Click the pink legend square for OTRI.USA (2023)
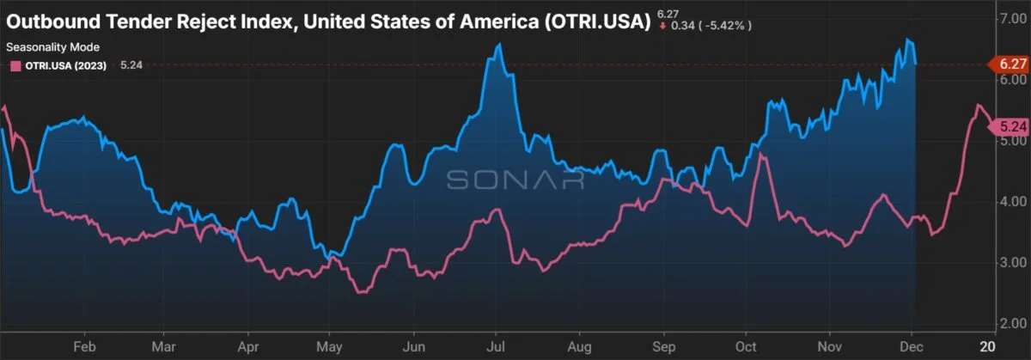tap(14, 64)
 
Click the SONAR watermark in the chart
tap(514, 180)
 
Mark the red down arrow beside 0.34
tap(662, 26)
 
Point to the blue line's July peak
tap(499, 44)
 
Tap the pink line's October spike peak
tap(760, 155)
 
